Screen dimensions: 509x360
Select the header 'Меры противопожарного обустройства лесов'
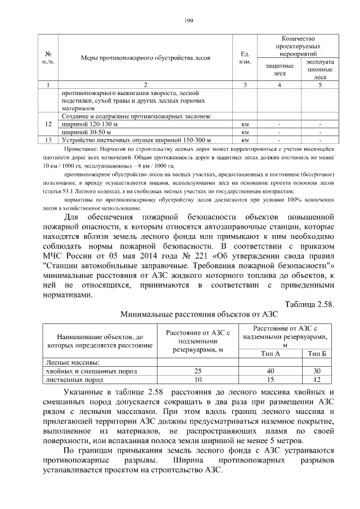pos(145,57)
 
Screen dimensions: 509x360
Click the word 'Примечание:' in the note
pos(82,149)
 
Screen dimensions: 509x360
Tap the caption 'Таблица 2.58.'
pos(309,304)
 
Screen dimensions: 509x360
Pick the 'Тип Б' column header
pos(317,353)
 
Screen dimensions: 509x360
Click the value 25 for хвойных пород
pos(197,371)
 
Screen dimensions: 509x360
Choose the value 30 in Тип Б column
pos(317,371)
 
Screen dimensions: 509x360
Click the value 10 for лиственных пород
pos(197,380)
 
